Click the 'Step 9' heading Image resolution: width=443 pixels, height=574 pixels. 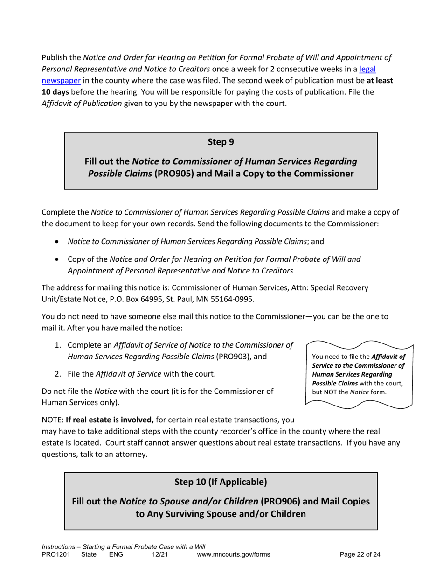coord(221,142)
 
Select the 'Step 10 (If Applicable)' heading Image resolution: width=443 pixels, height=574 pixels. coord(221,481)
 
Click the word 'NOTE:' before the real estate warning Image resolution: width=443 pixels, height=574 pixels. coord(53,420)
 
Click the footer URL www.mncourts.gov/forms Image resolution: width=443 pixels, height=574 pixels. coord(234,555)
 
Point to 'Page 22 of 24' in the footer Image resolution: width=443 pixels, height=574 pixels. coord(360,555)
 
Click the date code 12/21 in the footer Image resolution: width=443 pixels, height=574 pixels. coord(159,555)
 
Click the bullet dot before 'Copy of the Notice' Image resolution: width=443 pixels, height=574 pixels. coord(57,259)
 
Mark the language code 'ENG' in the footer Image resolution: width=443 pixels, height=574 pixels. coord(116,555)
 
